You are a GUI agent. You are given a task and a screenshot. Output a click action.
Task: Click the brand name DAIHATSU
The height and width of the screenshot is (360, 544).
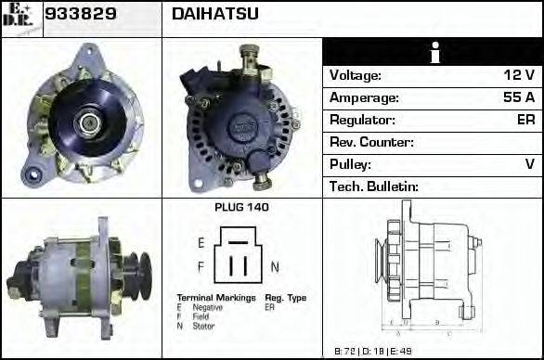point(215,15)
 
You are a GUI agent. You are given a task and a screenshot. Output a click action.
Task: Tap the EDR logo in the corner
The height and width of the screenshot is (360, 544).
point(21,19)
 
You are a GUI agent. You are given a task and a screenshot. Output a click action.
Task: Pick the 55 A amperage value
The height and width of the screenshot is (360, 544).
point(518,97)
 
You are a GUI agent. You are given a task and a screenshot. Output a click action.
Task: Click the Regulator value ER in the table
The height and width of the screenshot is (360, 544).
point(525,120)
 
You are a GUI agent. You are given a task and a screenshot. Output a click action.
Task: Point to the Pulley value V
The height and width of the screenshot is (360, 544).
point(529,164)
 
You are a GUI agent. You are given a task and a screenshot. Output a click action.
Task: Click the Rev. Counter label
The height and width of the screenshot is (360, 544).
point(371,142)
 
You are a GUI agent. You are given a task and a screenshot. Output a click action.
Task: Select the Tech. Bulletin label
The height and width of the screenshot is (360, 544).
point(374,186)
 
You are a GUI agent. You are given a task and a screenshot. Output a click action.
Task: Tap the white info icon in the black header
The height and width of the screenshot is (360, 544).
point(432,52)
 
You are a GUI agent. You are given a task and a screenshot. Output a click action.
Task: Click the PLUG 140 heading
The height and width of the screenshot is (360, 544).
point(241,208)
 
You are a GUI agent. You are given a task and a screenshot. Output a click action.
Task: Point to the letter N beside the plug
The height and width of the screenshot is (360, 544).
point(275,267)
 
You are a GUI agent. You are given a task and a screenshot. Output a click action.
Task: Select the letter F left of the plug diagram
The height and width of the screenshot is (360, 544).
point(201,267)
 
